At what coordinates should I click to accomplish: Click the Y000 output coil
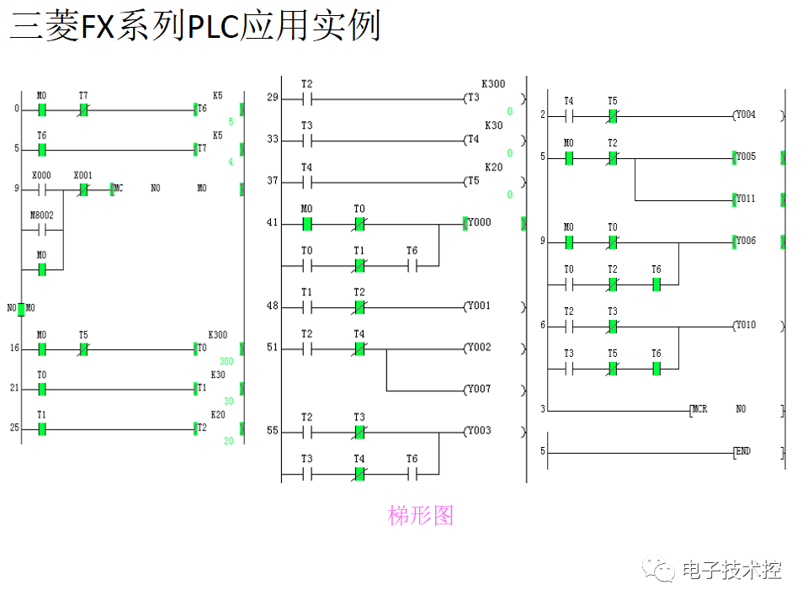click(479, 223)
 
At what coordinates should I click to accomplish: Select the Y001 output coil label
click(479, 306)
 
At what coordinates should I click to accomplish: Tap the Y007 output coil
click(479, 390)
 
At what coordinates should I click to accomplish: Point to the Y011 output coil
click(745, 199)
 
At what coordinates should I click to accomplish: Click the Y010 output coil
click(745, 325)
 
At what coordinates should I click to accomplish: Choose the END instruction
click(742, 452)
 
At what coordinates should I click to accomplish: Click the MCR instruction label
click(699, 410)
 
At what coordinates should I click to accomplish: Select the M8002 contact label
click(41, 215)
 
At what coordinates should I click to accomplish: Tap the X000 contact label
click(41, 175)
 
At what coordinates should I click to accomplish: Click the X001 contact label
click(83, 175)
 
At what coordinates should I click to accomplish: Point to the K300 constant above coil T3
click(493, 84)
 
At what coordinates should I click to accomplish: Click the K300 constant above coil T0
click(218, 335)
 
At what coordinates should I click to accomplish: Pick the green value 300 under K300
click(226, 361)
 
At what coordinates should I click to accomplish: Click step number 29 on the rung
click(272, 98)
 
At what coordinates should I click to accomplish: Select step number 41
click(272, 223)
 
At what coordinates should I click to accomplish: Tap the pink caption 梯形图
click(421, 515)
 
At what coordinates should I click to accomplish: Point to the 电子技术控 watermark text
click(731, 570)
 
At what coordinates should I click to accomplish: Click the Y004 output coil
click(745, 115)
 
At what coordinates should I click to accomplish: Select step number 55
click(272, 432)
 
